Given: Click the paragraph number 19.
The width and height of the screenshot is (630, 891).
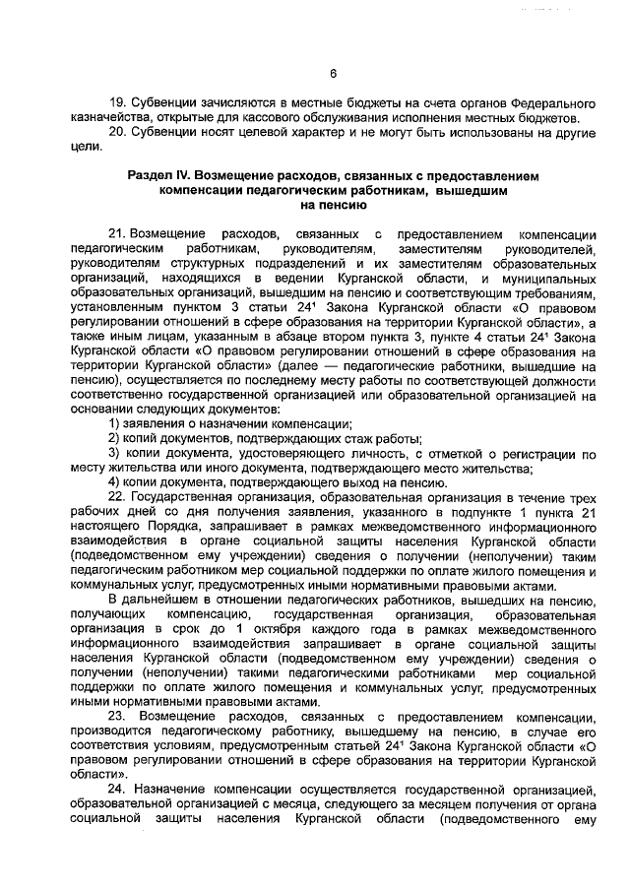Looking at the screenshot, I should (x=117, y=103).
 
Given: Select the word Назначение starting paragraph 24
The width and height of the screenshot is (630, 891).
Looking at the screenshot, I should (x=178, y=790).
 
